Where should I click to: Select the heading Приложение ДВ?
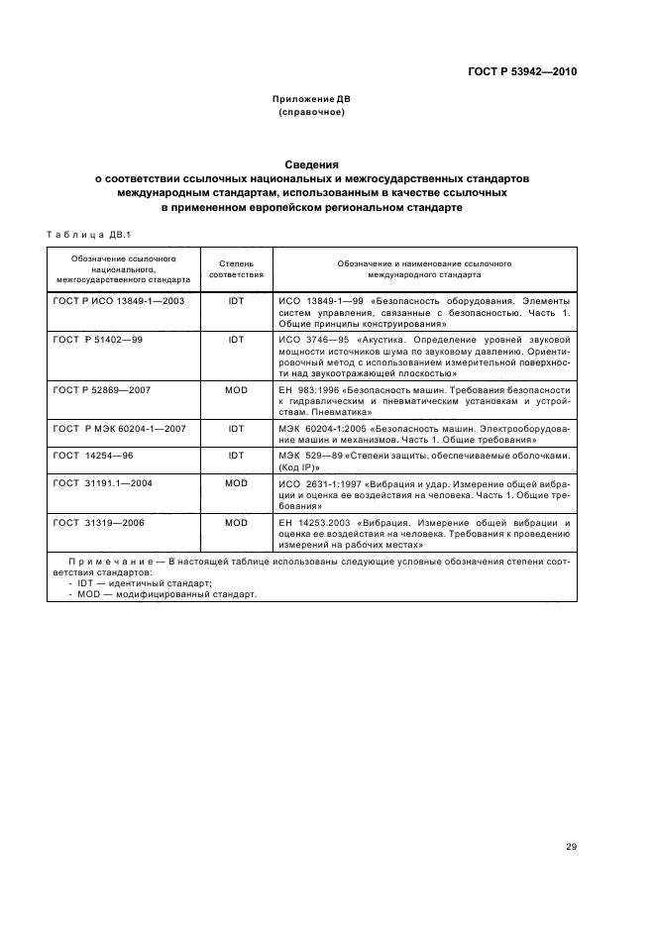312,100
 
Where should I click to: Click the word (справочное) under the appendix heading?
312,112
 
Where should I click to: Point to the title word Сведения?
312,164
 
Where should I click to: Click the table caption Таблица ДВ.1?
82,235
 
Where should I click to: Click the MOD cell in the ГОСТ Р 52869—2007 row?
236,391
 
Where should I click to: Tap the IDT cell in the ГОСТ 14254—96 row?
236,456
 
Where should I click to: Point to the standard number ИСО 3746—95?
305,339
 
